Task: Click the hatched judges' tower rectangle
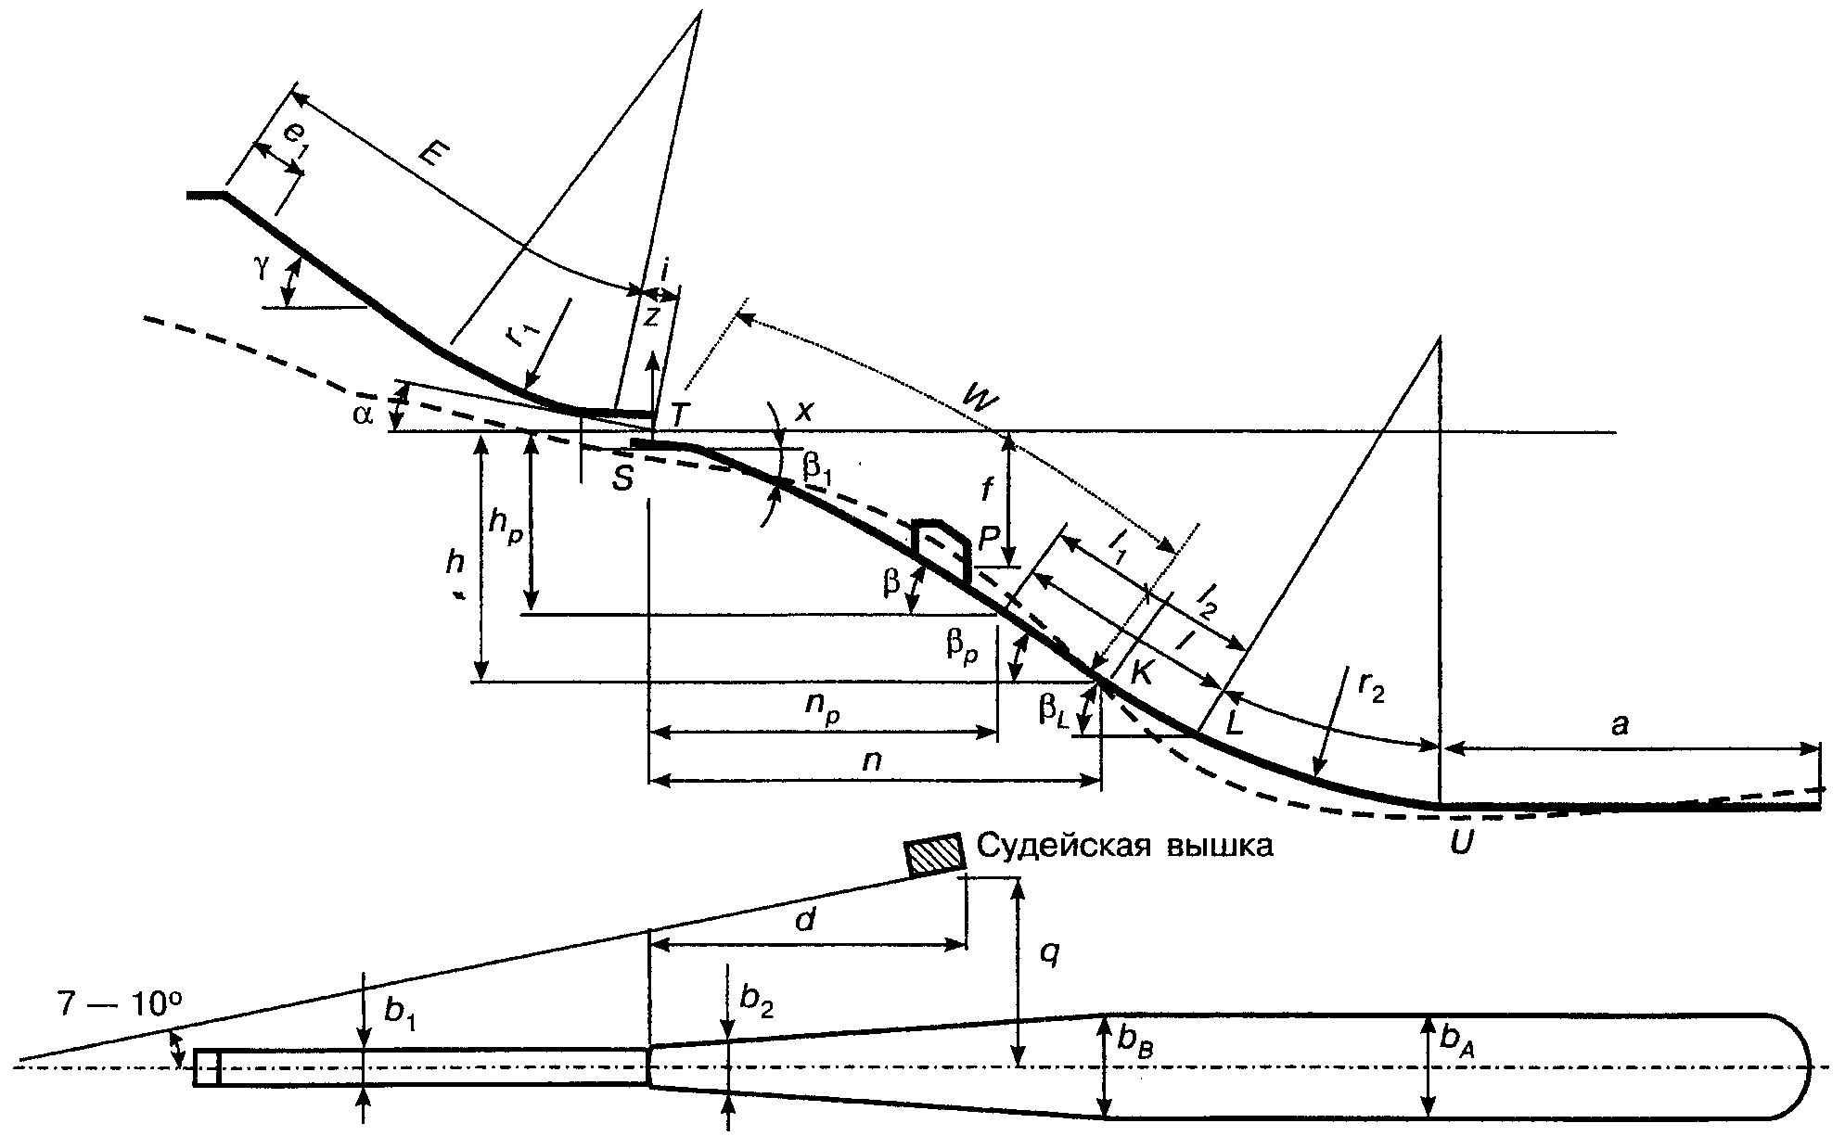point(936,856)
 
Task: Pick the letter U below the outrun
point(1460,843)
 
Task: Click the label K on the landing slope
point(1141,672)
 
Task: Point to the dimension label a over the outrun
point(1619,724)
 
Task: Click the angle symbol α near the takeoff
point(363,415)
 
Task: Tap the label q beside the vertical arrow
point(1049,952)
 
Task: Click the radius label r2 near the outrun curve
point(1368,687)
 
